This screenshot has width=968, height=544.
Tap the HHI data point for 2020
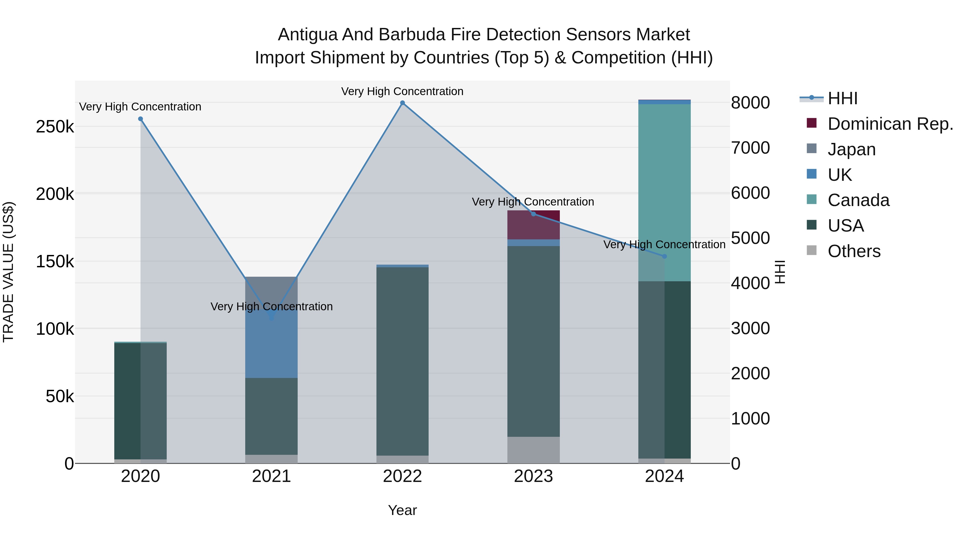(x=141, y=119)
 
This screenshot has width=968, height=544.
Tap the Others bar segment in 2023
(x=533, y=450)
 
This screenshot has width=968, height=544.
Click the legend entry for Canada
(x=858, y=200)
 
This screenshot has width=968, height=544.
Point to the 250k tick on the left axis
(x=55, y=127)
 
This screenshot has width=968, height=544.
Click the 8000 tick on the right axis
(x=750, y=103)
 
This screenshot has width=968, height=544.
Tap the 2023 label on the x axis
(x=533, y=476)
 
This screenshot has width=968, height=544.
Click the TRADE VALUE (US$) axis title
(x=8, y=272)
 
